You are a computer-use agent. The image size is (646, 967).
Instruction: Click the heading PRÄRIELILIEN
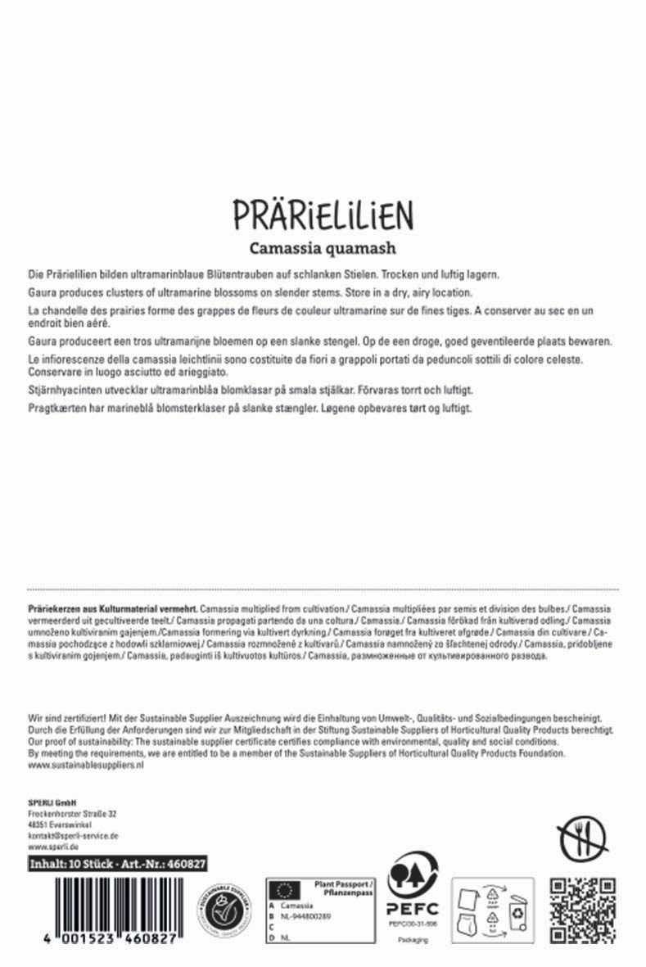[x=323, y=214]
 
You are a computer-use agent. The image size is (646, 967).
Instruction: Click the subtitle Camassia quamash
[x=323, y=246]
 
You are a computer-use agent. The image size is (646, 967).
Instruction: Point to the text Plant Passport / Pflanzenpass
[x=344, y=888]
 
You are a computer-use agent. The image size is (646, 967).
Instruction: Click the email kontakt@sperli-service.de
[x=73, y=835]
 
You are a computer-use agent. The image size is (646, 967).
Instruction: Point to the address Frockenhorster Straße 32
[x=72, y=813]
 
